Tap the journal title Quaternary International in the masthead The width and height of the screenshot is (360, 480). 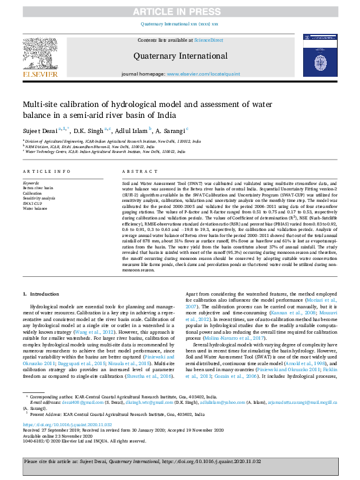(179, 56)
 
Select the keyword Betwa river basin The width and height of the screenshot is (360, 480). (38, 188)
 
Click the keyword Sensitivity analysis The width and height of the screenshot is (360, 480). (39, 198)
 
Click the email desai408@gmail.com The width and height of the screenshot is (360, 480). (67, 401)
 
